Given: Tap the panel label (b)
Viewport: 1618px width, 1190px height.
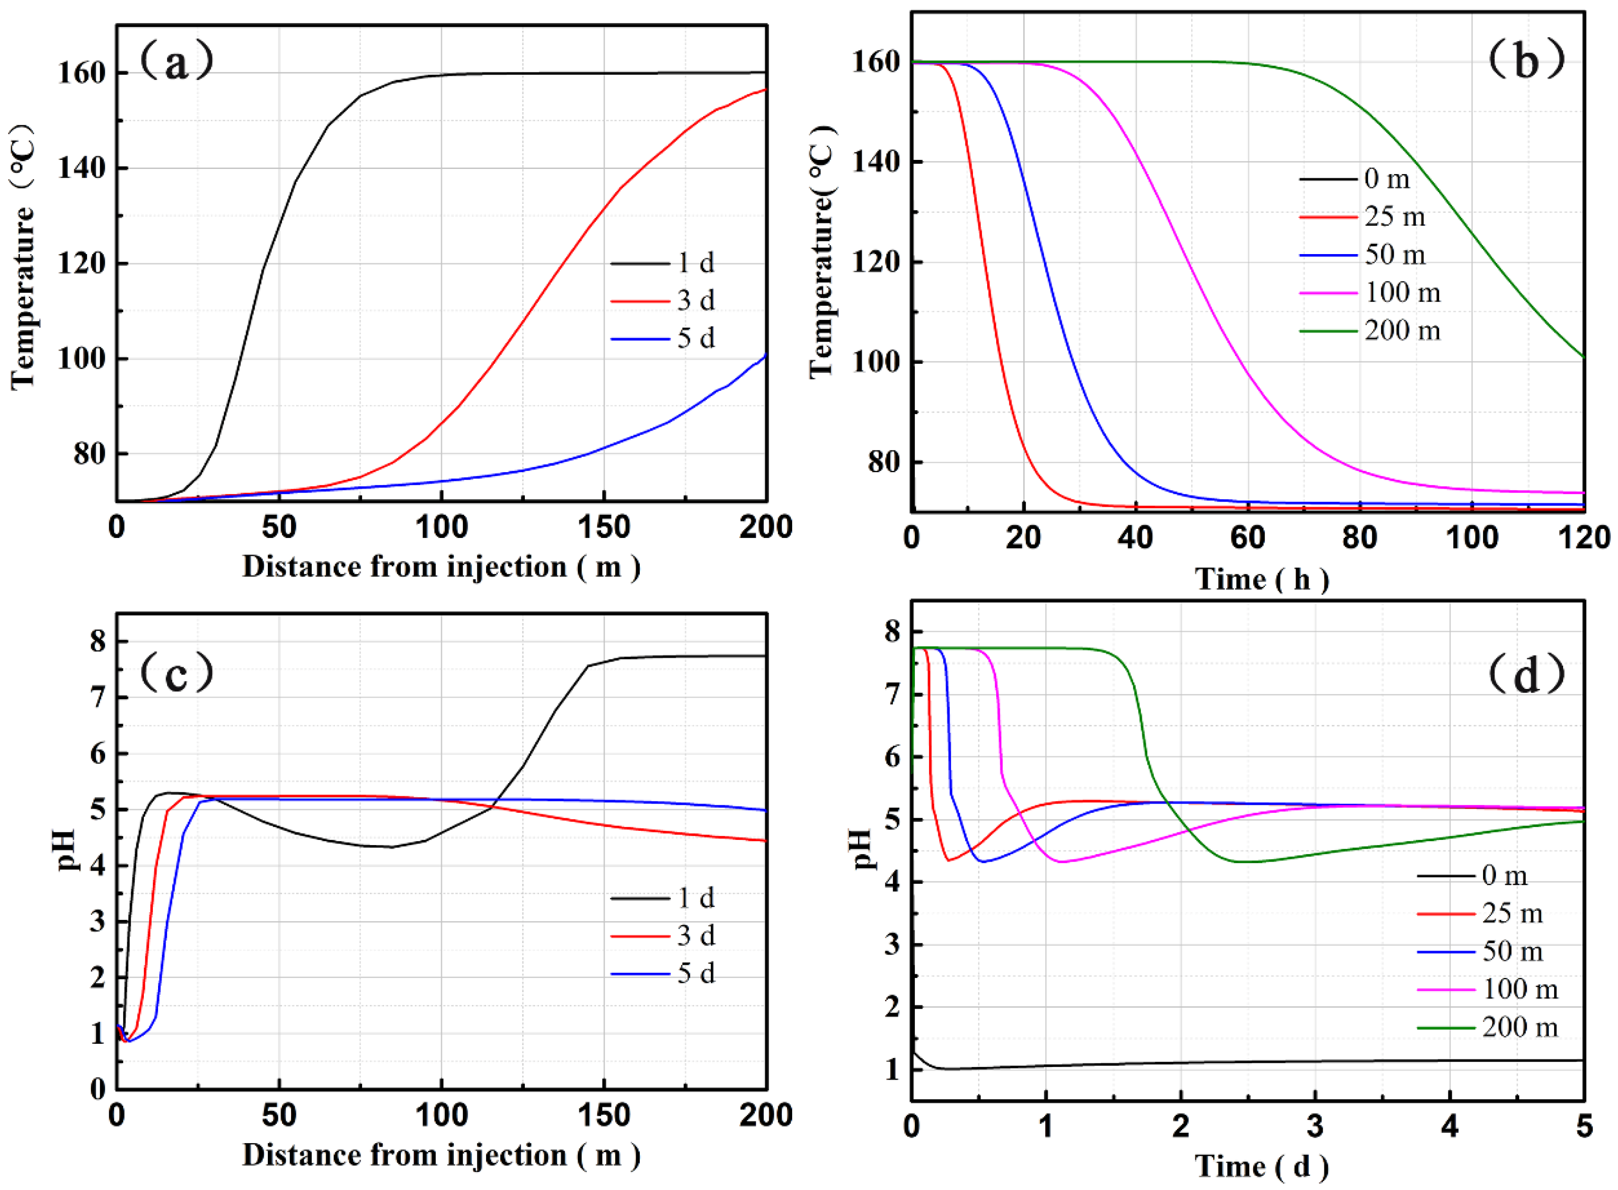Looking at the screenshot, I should pyautogui.click(x=1526, y=61).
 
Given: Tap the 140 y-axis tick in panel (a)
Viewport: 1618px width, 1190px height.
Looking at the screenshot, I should pyautogui.click(x=83, y=168).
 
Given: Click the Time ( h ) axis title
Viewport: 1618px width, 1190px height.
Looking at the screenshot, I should pyautogui.click(x=1261, y=579).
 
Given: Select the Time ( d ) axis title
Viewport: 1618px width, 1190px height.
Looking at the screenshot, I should pyautogui.click(x=1261, y=1167).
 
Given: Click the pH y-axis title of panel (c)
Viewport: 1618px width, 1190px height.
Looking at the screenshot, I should pyautogui.click(x=69, y=850).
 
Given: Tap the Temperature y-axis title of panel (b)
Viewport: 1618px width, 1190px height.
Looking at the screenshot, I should pyautogui.click(x=821, y=252).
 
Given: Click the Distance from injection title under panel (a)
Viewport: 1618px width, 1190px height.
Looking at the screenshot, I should pyautogui.click(x=441, y=567).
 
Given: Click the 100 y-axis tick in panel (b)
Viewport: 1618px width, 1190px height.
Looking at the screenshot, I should pyautogui.click(x=875, y=362).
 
